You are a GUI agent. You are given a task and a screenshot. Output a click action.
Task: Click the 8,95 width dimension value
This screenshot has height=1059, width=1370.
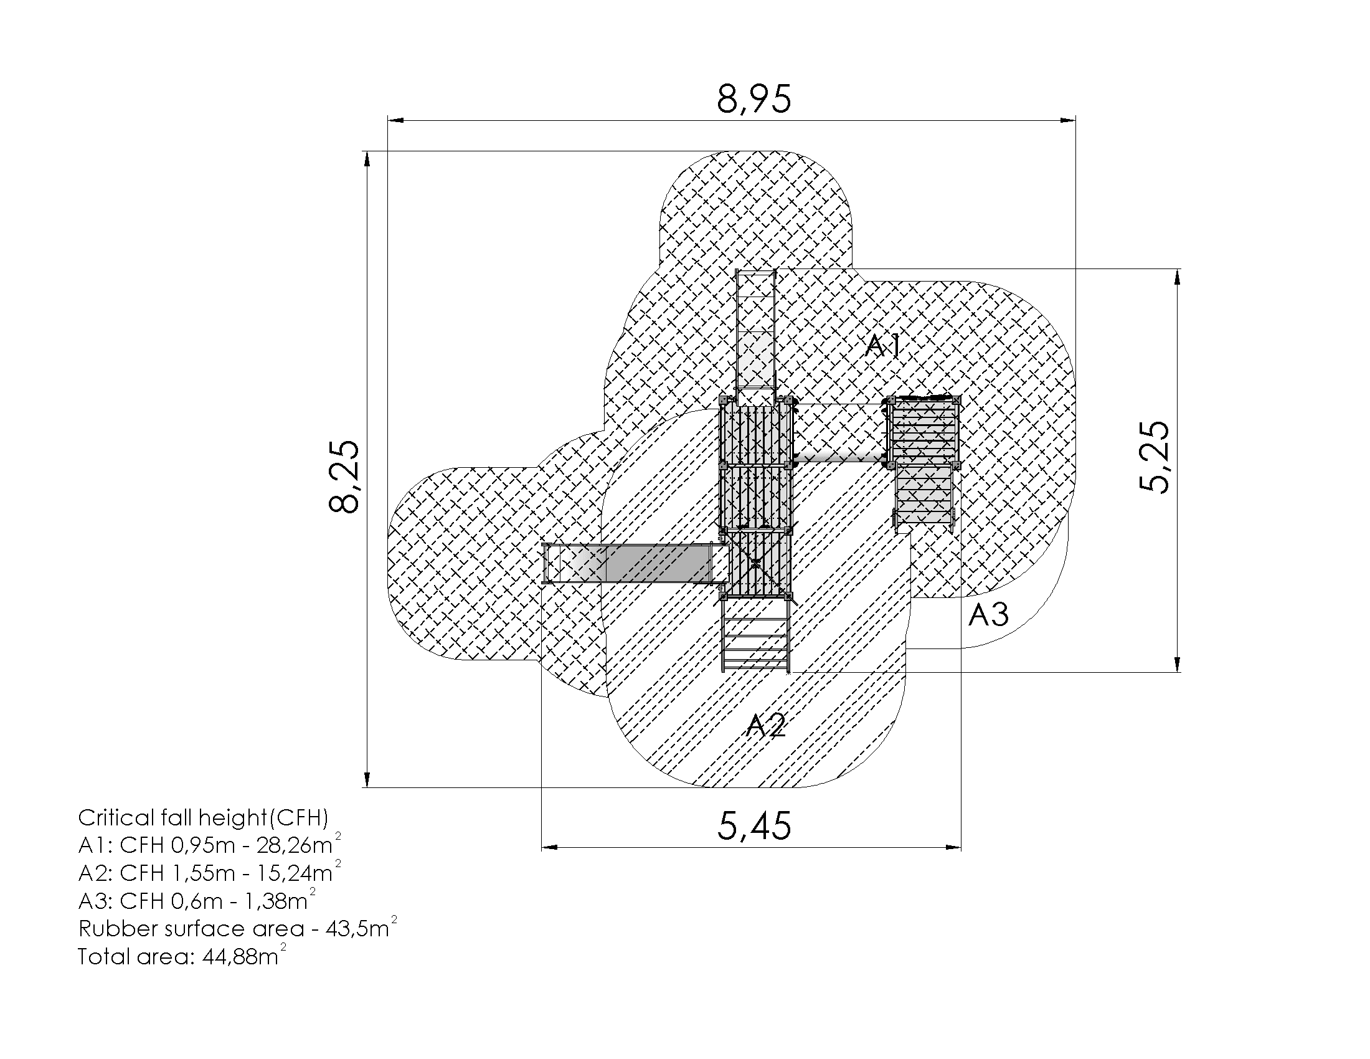click(754, 98)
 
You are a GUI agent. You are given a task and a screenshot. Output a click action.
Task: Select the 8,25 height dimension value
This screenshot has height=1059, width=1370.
click(344, 477)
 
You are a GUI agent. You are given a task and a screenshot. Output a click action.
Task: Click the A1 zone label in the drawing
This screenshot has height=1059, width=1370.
click(882, 346)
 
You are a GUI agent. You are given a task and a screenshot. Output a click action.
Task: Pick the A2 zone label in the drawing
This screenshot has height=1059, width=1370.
click(765, 725)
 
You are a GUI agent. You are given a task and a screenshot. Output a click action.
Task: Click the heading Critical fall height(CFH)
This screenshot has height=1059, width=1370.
click(203, 818)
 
